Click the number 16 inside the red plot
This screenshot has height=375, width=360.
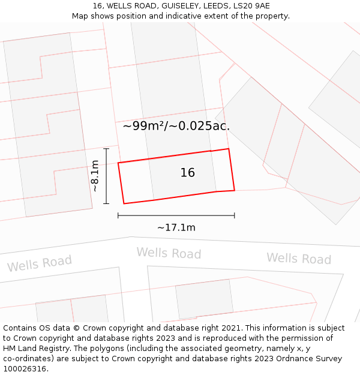click(188, 173)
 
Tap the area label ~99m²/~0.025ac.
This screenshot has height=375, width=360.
click(176, 126)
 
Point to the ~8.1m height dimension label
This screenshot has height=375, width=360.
click(95, 176)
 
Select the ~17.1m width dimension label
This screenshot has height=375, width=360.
click(176, 228)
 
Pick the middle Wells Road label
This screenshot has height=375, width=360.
click(169, 253)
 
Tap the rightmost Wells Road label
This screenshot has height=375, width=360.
click(299, 259)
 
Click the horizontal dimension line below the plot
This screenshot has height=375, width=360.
click(176, 215)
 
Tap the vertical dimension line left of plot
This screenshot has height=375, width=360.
click(106, 176)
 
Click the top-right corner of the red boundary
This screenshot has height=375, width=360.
click(229, 149)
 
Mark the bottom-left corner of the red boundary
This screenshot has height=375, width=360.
click(124, 203)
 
